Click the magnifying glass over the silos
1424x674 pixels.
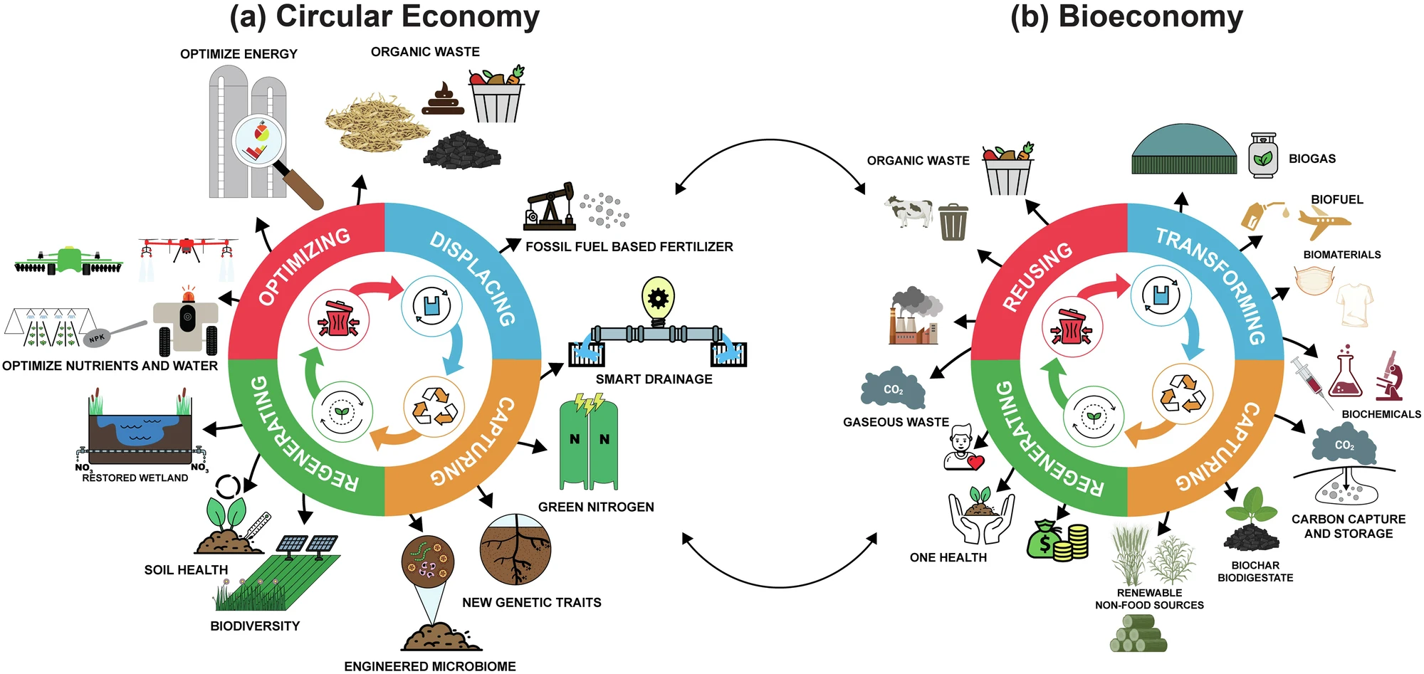[x=260, y=139]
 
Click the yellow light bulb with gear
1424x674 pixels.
[x=658, y=297]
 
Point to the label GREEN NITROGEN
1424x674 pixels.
[x=596, y=507]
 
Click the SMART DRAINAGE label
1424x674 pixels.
[x=654, y=379]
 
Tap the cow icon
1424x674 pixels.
[x=908, y=211]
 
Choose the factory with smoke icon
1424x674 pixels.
[x=914, y=317]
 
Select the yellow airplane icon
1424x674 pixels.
[x=1324, y=223]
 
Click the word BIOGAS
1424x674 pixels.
[x=1312, y=159]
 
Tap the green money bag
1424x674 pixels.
[x=1045, y=539]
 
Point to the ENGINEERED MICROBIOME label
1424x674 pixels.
[x=430, y=666]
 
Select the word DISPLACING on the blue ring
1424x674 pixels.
[x=472, y=278]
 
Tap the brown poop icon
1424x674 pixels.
[x=443, y=99]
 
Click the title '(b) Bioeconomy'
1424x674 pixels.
[x=1126, y=17]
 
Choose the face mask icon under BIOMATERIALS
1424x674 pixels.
[x=1314, y=280]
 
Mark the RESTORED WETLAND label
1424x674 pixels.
[x=135, y=478]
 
